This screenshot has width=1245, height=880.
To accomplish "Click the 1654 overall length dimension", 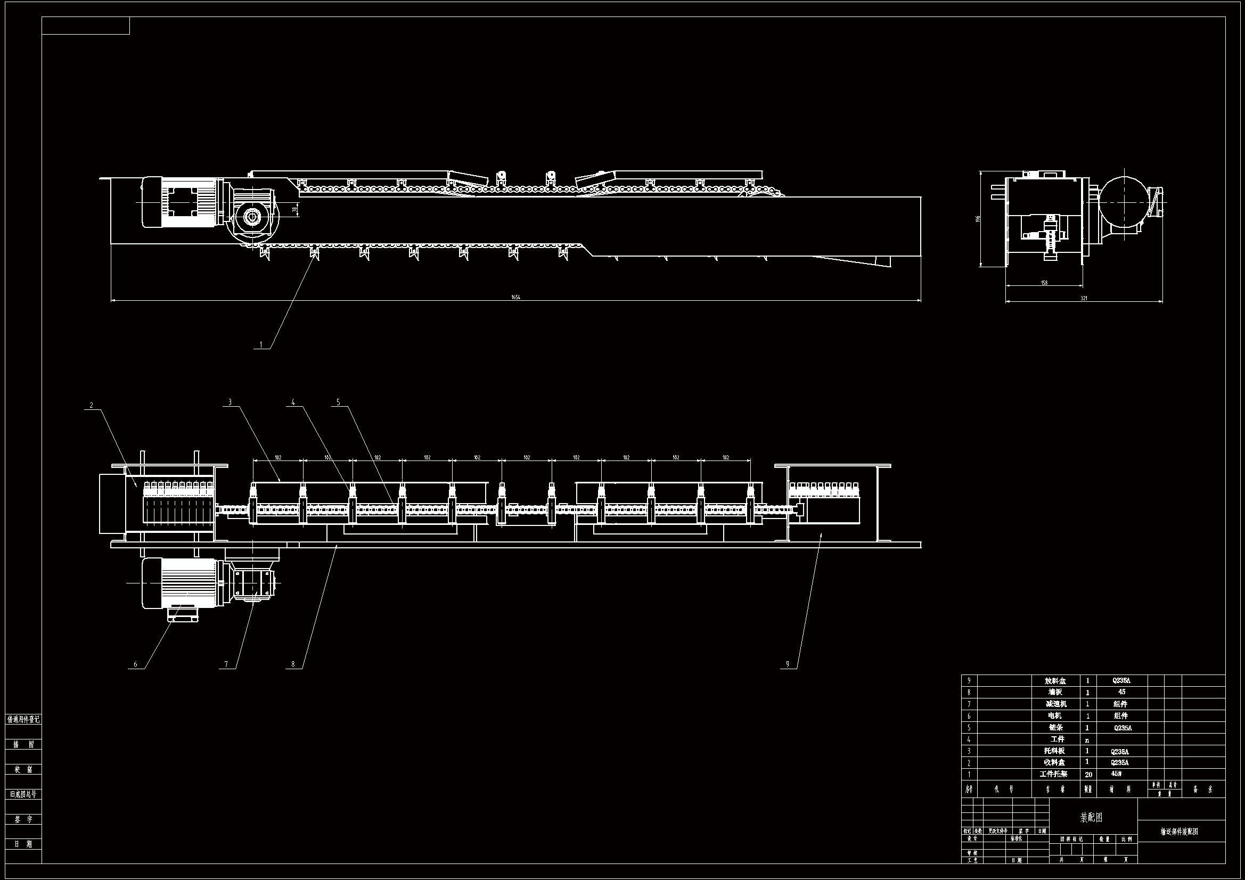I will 515,297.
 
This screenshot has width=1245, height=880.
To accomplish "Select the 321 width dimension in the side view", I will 1084,298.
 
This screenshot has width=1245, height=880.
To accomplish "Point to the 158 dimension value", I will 1044,283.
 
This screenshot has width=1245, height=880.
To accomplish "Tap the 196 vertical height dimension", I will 978,218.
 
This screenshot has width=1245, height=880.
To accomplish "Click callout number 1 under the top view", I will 261,344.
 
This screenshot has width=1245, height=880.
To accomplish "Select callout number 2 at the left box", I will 92,405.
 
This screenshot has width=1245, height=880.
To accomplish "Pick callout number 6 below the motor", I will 136,664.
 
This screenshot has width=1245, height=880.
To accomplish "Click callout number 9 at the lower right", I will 788,664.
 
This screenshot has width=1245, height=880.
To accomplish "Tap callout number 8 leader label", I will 293,664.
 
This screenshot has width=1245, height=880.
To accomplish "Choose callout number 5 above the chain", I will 338,402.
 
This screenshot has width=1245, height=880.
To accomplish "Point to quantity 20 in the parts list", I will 1088,775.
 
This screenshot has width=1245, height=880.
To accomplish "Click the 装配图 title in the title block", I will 1092,817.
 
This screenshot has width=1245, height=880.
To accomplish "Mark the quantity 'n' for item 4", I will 1087,740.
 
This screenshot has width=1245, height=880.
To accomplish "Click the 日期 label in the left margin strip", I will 23,844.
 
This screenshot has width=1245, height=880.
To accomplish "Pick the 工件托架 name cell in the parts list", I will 1054,774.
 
